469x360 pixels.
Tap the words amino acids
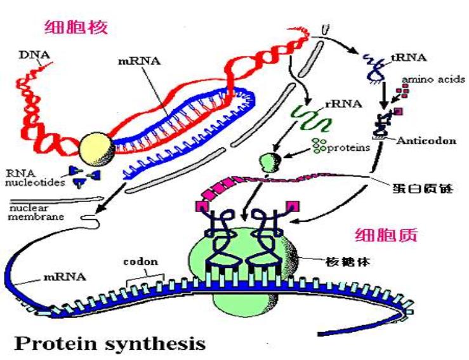433,79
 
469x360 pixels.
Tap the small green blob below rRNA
270,161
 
